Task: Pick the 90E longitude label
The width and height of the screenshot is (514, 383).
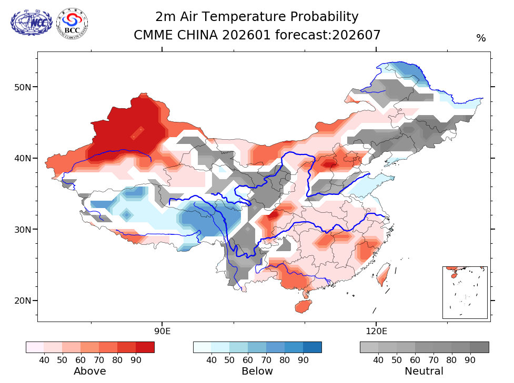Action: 162,331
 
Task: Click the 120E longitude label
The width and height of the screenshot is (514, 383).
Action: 376,331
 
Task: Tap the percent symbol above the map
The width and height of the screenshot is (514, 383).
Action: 481,38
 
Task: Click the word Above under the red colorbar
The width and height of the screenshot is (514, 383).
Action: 90,371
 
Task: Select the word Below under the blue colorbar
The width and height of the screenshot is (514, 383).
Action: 257,371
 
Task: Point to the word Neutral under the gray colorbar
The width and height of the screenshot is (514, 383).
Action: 424,371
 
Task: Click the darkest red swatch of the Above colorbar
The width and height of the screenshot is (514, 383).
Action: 145,347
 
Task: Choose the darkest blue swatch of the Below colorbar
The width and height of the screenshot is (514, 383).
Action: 313,347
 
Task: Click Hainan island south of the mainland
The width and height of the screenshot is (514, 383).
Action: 303,306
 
